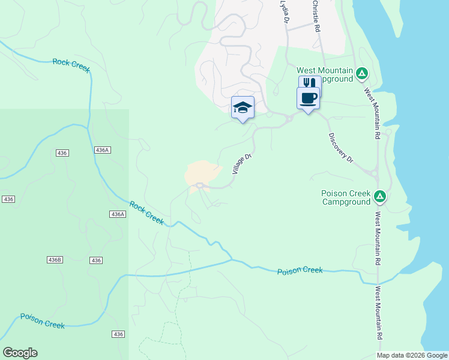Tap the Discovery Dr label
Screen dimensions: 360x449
point(342,146)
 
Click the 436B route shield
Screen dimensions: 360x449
point(54,260)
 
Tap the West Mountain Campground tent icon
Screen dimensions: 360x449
point(361,74)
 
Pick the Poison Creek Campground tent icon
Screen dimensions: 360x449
point(379,196)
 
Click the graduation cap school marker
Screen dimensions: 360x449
point(243,108)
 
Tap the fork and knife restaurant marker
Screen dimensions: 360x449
point(310,83)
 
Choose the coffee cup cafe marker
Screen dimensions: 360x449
point(308,98)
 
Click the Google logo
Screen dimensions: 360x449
point(20,353)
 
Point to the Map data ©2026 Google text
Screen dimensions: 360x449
point(412,355)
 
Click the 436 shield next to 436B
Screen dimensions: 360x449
point(95,260)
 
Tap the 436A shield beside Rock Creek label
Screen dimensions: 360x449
point(118,214)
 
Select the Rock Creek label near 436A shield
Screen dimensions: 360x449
point(146,212)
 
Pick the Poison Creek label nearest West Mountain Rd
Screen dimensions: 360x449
point(300,271)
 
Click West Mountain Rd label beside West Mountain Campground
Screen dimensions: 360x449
point(372,114)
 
